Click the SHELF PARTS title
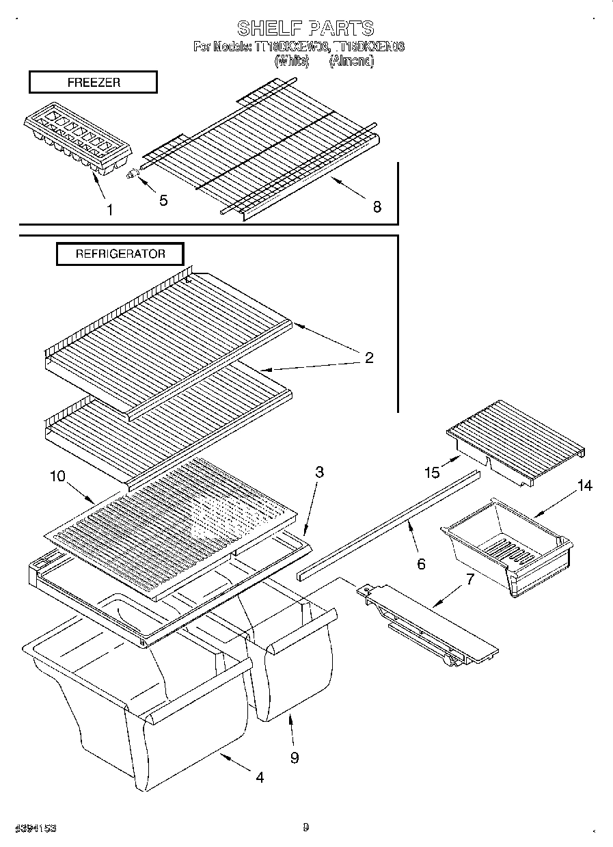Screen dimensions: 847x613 tap(305, 28)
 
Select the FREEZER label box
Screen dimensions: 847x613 tap(93, 82)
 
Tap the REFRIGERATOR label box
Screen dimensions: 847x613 tap(120, 254)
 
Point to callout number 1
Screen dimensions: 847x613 tap(110, 209)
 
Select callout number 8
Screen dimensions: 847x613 tap(377, 206)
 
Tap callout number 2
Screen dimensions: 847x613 tap(369, 357)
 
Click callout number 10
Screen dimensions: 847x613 tap(58, 476)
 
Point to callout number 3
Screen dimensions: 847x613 tap(319, 472)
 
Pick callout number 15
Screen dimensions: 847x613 tap(431, 472)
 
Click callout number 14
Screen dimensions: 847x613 tap(584, 486)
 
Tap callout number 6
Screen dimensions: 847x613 tap(421, 564)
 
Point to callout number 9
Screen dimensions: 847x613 tap(294, 757)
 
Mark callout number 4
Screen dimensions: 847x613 tap(260, 777)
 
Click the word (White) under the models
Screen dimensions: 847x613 tap(291, 61)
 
